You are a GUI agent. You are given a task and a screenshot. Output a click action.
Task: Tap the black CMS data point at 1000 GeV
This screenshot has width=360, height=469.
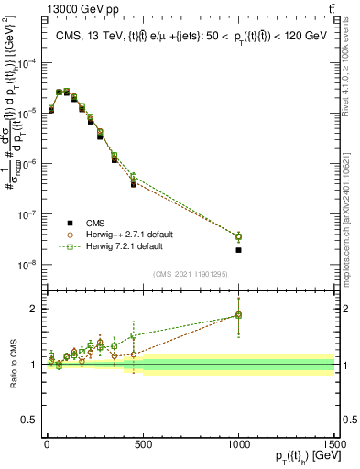[238, 250]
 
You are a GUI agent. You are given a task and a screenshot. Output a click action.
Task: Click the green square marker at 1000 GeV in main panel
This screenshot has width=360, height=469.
[238, 236]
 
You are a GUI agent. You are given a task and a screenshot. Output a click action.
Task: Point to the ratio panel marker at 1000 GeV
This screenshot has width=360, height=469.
[238, 315]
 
